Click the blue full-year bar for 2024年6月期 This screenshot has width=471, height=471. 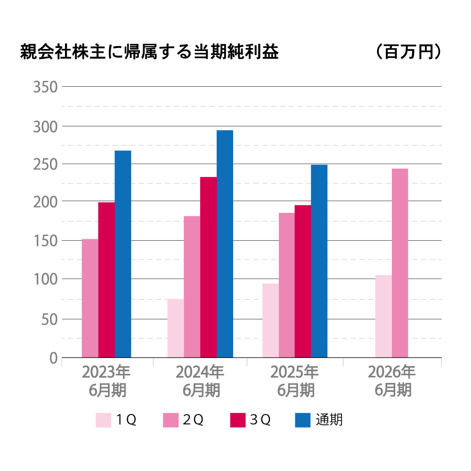pos(225,244)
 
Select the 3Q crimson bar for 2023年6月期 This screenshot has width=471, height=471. pos(106,280)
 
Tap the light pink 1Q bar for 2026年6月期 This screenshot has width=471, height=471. pos(383,316)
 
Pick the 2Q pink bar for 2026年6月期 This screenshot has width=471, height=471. pos(400,263)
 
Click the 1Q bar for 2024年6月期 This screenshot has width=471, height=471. pos(176,328)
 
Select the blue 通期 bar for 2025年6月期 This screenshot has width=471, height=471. pos(319,261)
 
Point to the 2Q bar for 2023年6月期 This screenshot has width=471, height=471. pos(90,298)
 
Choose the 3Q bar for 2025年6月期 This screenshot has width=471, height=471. pos(303,281)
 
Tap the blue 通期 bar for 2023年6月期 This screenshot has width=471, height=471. pos(123,254)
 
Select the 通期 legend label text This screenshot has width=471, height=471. pos(329,420)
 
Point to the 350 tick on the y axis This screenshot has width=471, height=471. pos(45,87)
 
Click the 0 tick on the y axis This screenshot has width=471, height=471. pos(53,358)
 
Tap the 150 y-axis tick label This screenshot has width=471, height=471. pos(45,241)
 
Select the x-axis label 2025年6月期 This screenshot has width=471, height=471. pos(295,381)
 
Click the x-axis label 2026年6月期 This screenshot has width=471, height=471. pos(392,381)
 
